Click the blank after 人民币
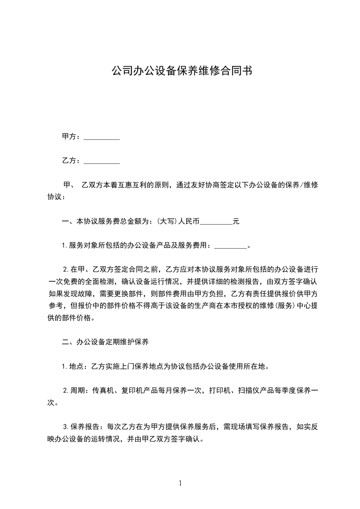pos(216,223)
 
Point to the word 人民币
pos(188,222)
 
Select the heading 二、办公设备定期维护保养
pos(105,342)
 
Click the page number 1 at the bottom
pos(180,483)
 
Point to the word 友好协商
pos(213,185)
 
